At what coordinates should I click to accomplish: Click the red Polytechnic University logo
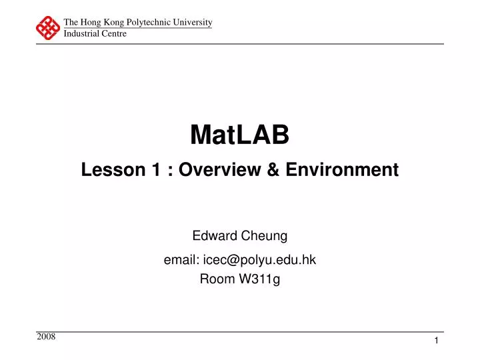(48, 28)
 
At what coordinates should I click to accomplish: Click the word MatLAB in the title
(240, 135)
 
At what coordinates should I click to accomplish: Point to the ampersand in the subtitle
(273, 170)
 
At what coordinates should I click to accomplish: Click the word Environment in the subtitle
(342, 170)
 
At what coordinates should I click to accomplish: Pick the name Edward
(211, 235)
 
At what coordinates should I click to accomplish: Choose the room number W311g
(260, 279)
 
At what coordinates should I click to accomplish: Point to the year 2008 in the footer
(47, 337)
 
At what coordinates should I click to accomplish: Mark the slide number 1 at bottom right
(436, 341)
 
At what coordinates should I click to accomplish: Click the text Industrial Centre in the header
(95, 33)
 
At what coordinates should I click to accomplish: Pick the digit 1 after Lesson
(154, 170)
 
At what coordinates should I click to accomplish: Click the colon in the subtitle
(171, 171)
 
